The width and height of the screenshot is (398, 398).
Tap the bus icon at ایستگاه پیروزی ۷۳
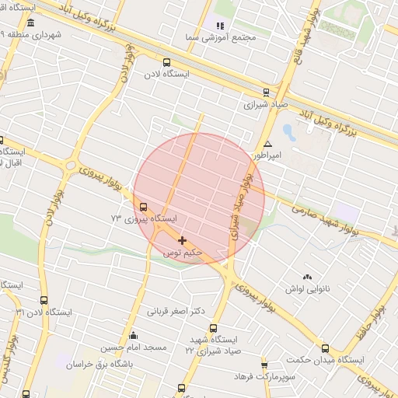tap(142, 208)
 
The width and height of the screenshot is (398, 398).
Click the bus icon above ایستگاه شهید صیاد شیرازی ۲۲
tap(214, 328)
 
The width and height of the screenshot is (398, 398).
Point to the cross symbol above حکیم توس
tap(183, 241)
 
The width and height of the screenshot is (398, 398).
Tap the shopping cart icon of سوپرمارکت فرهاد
tap(264, 365)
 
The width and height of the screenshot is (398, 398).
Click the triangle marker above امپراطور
tap(267, 145)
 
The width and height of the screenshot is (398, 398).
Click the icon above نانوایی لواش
tap(308, 277)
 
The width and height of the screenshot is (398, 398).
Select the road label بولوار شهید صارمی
tap(326, 220)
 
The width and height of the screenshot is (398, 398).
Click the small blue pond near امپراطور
tap(289, 130)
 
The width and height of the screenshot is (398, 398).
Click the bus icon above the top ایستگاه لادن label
tap(166, 63)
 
